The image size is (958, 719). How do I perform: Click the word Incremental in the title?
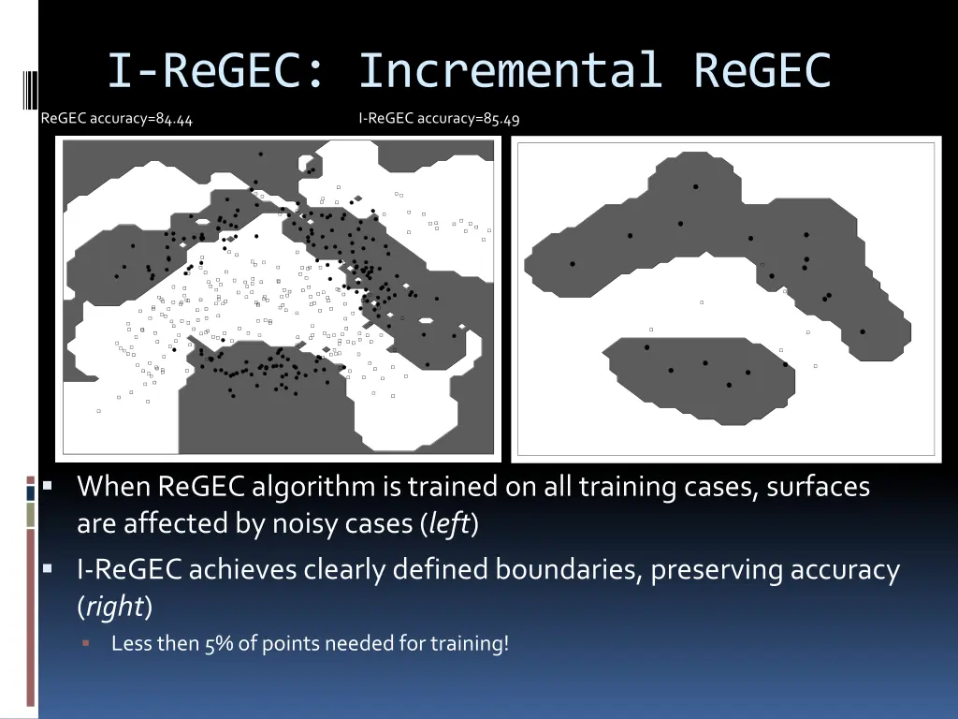pyautogui.click(x=510, y=71)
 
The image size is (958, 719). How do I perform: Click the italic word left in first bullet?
pyautogui.click(x=449, y=524)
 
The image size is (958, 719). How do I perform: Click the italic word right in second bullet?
pyautogui.click(x=113, y=608)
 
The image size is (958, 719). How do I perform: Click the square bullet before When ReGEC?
pyautogui.click(x=48, y=488)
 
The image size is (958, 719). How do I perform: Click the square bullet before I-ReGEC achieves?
pyautogui.click(x=48, y=570)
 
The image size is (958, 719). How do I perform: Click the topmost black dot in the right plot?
pyautogui.click(x=695, y=187)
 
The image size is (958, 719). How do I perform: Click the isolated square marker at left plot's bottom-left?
pyautogui.click(x=98, y=411)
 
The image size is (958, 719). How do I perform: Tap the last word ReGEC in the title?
pyautogui.click(x=762, y=71)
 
